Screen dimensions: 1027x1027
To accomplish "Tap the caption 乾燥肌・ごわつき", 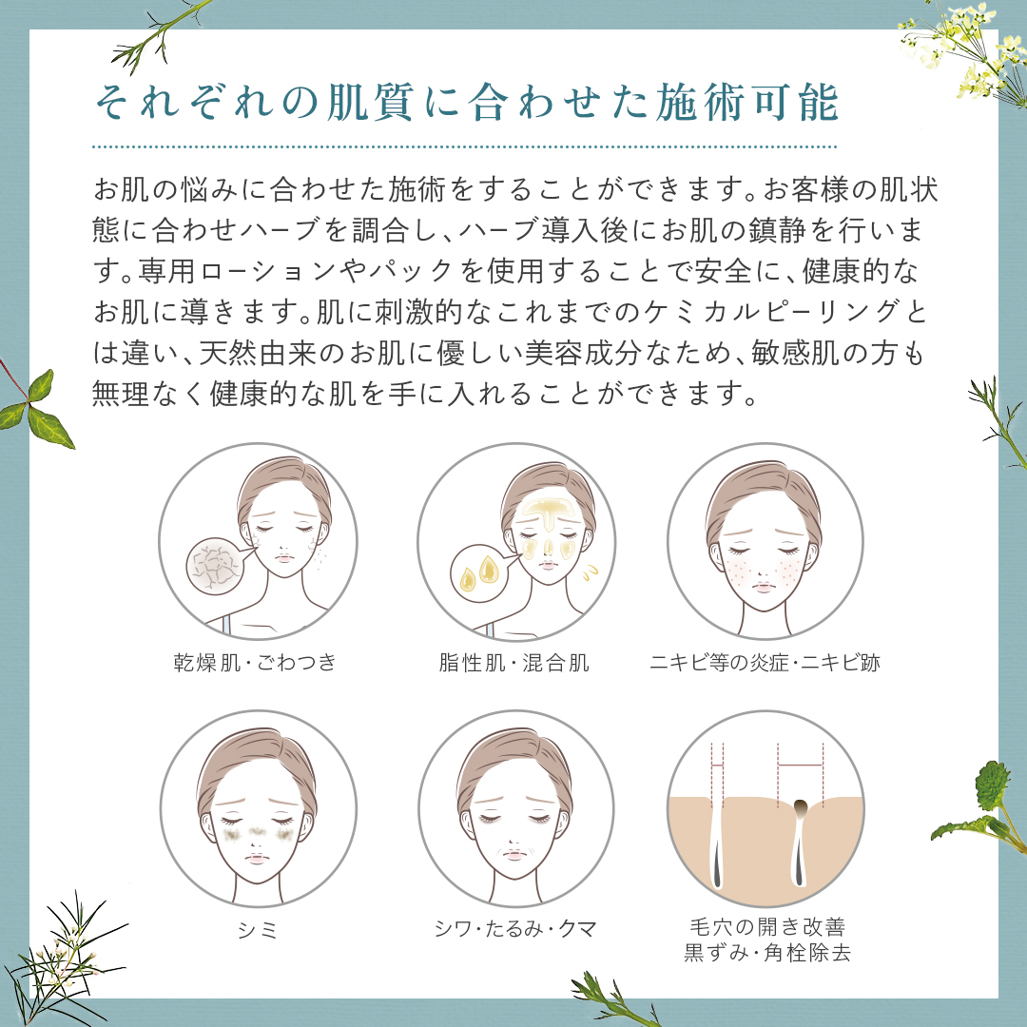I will pyautogui.click(x=255, y=663).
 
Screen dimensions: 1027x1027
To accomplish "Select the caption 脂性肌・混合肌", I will pyautogui.click(x=509, y=663).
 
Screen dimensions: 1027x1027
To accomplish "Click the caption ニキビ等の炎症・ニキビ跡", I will pyautogui.click(x=765, y=663).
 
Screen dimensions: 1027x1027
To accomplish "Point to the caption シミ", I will pyautogui.click(x=257, y=929).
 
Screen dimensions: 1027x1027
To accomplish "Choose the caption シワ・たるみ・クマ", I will pyautogui.click(x=514, y=929).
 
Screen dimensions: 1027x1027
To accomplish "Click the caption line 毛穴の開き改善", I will pyautogui.click(x=765, y=925).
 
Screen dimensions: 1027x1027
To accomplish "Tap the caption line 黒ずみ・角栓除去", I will pyautogui.click(x=765, y=952).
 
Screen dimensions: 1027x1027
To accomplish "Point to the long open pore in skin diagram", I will pyautogui.click(x=716, y=846).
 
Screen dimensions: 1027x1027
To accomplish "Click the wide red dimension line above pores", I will pyautogui.click(x=800, y=764).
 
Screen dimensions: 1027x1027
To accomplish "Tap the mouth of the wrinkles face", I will pyautogui.click(x=514, y=855).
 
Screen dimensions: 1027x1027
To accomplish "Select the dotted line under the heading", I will pyautogui.click(x=465, y=147).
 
